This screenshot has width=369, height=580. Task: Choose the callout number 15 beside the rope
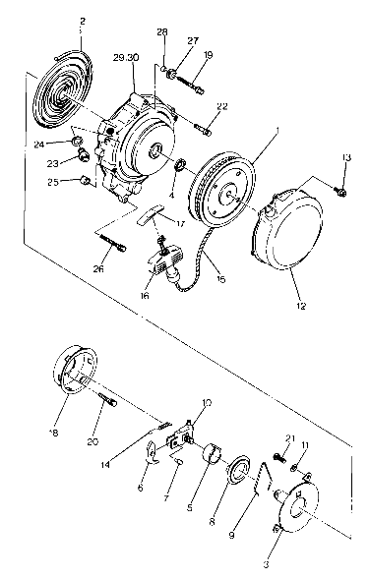pyautogui.click(x=220, y=280)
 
